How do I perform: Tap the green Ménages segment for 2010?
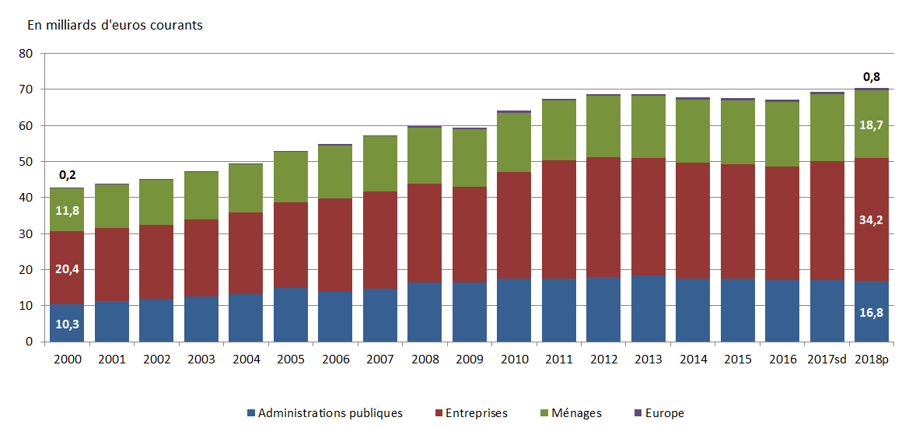pyautogui.click(x=514, y=142)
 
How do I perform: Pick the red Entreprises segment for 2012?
pyautogui.click(x=603, y=217)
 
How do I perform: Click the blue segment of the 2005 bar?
pyautogui.click(x=291, y=314)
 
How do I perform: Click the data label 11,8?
pyautogui.click(x=67, y=210)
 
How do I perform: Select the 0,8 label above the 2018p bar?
pyautogui.click(x=872, y=76)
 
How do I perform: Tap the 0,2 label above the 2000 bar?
pyautogui.click(x=67, y=175)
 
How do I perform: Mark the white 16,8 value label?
pyautogui.click(x=872, y=312)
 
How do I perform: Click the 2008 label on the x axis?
pyautogui.click(x=425, y=360)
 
